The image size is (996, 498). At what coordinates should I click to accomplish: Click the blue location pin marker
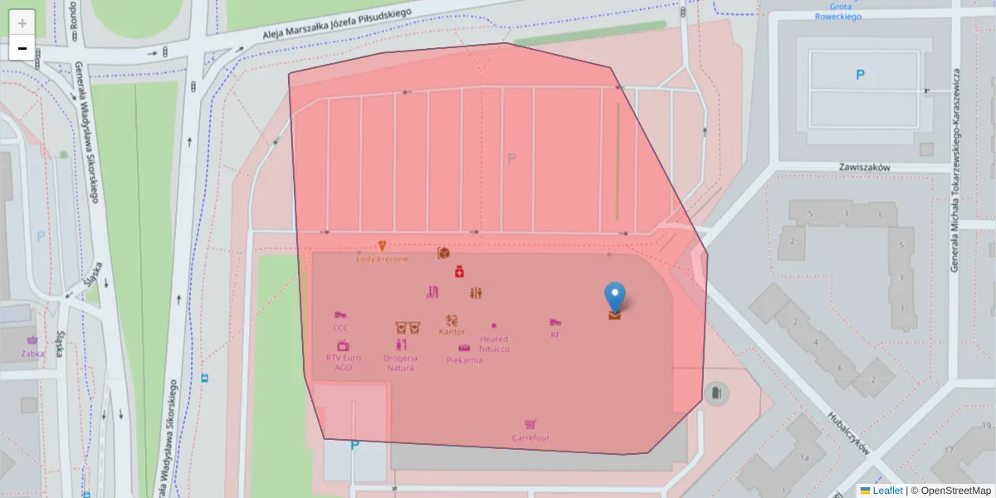(614, 296)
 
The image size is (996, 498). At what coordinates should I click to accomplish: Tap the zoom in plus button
(22, 23)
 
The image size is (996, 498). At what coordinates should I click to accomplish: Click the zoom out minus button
(22, 48)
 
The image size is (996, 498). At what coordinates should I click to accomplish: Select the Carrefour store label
(530, 437)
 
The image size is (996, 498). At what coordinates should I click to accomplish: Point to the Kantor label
(452, 331)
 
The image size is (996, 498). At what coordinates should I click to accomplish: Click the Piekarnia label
(465, 360)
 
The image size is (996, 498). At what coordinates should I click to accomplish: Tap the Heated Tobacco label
(494, 344)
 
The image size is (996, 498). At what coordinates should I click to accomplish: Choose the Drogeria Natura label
(400, 363)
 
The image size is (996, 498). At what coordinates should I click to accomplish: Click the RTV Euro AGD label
(343, 363)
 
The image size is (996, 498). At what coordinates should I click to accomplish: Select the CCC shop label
(340, 328)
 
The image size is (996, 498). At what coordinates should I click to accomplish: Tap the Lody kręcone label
(382, 259)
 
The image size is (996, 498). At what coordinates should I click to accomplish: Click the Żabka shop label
(33, 353)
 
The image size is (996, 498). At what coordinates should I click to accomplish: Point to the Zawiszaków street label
(864, 167)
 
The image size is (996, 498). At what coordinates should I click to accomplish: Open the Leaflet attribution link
(886, 491)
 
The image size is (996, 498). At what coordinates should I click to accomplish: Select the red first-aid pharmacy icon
(459, 271)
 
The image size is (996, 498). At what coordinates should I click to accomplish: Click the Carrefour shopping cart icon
(530, 425)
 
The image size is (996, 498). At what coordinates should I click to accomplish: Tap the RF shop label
(555, 334)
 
